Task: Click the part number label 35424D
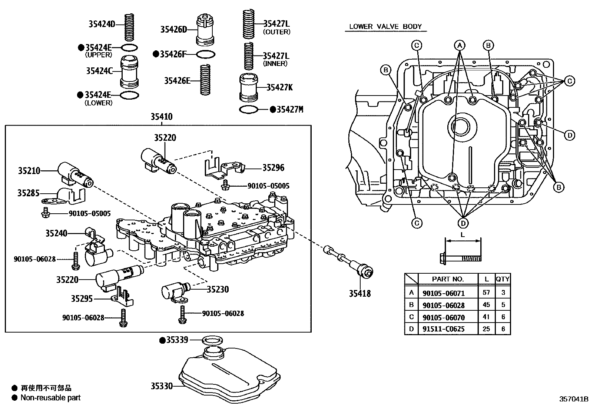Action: [x=101, y=24]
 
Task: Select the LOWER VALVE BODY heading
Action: [x=385, y=27]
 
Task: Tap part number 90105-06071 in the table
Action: [x=443, y=293]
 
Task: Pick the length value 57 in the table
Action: [x=486, y=293]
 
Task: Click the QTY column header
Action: [x=503, y=279]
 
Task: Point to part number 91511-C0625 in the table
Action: [x=443, y=329]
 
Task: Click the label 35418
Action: [x=359, y=294]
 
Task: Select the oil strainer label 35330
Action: [x=162, y=386]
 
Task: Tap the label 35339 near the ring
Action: [x=177, y=340]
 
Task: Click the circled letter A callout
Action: [x=460, y=46]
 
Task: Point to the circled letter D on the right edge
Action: [x=570, y=136]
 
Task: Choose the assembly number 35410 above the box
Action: [x=161, y=117]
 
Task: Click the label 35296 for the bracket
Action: [x=273, y=168]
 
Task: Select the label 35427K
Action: [x=279, y=87]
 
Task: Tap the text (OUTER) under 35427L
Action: [x=276, y=32]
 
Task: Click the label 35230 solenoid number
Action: [x=218, y=289]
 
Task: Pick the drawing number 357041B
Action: [x=574, y=399]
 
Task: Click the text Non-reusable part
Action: [x=50, y=398]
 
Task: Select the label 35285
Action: [x=28, y=193]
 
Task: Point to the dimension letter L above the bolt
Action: [x=462, y=235]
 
